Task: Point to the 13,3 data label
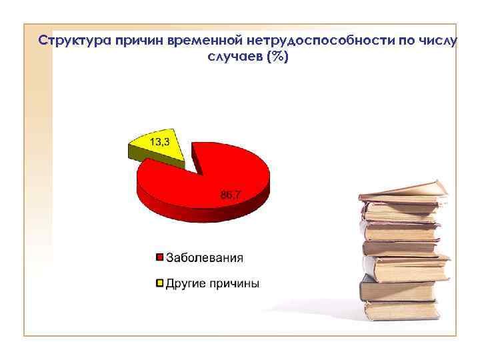(159, 141)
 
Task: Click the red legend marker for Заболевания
(159, 257)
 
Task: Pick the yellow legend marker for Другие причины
(159, 283)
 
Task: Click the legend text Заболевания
(205, 257)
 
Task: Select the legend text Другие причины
(213, 283)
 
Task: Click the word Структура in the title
(75, 41)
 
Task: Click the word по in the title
(405, 41)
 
